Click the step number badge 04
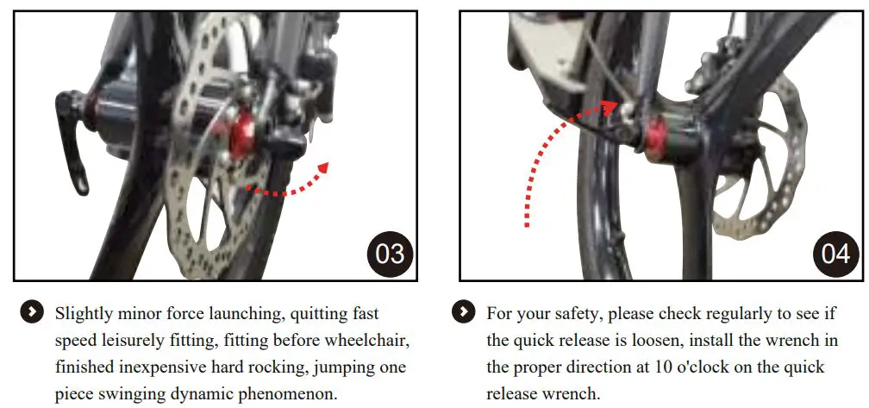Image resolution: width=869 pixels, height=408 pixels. [835, 253]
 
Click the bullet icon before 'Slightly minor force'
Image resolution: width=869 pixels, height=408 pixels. [32, 312]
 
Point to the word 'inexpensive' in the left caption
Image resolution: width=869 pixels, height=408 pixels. [163, 367]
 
